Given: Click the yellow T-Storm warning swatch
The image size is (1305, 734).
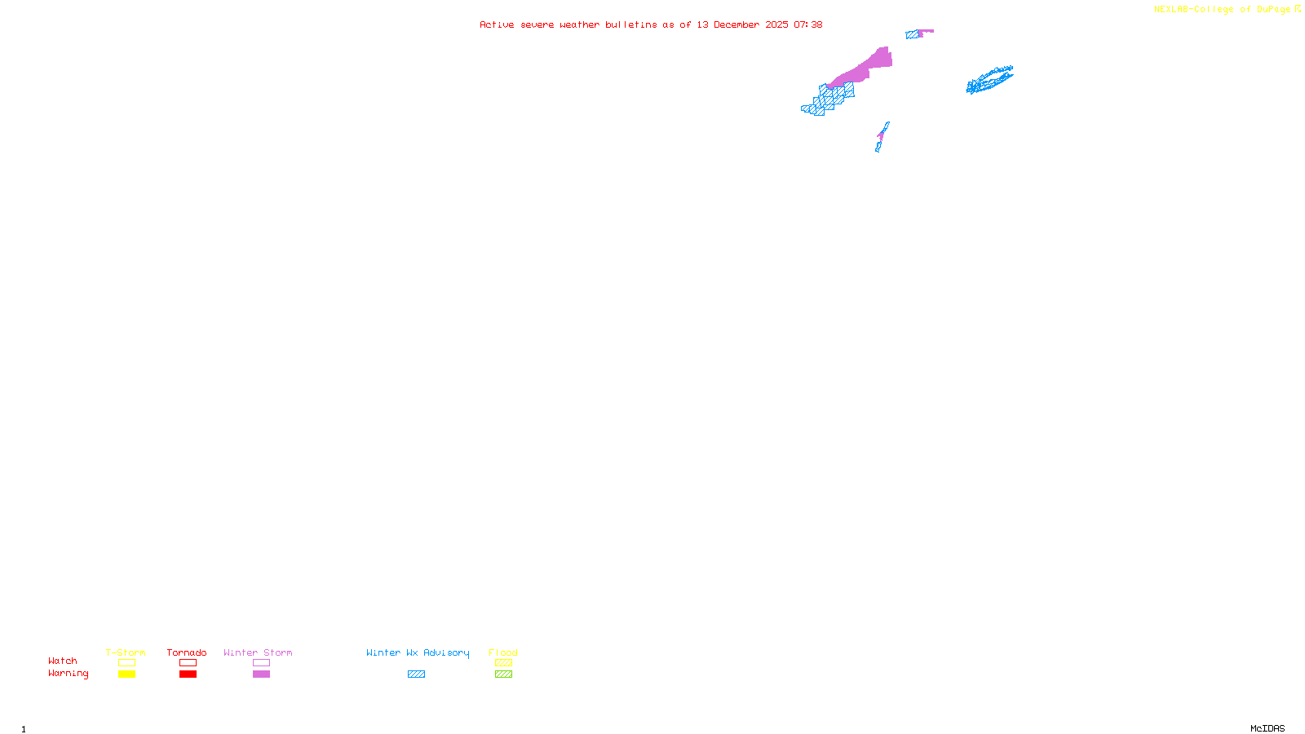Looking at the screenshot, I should pos(126,674).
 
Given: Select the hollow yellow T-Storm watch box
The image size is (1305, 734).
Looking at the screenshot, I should pos(126,663).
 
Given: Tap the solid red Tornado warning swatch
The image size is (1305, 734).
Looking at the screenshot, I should pos(188,674).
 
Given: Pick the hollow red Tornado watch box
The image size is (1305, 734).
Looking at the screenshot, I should pos(188,663).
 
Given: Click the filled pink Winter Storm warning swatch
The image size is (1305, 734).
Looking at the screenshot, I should pos(261,674).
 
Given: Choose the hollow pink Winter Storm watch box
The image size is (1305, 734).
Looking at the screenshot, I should pos(261,663).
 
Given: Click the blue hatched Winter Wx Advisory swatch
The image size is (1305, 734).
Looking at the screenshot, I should pos(416,674).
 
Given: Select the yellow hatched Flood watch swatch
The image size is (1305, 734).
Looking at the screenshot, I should pos(503,663).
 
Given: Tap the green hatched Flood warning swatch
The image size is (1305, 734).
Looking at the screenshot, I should pos(503,674).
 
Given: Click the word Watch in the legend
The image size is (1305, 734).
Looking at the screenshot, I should pos(63,661).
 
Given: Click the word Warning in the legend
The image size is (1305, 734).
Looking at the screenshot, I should pos(68,674).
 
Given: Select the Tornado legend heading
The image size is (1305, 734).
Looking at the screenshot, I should pos(187,652).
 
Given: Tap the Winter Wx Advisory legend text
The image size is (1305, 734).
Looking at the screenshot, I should pos(418,652).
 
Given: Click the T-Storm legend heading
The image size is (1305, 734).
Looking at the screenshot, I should pos(126,652).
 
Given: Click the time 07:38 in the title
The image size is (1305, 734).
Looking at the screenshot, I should pos(807,24).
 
